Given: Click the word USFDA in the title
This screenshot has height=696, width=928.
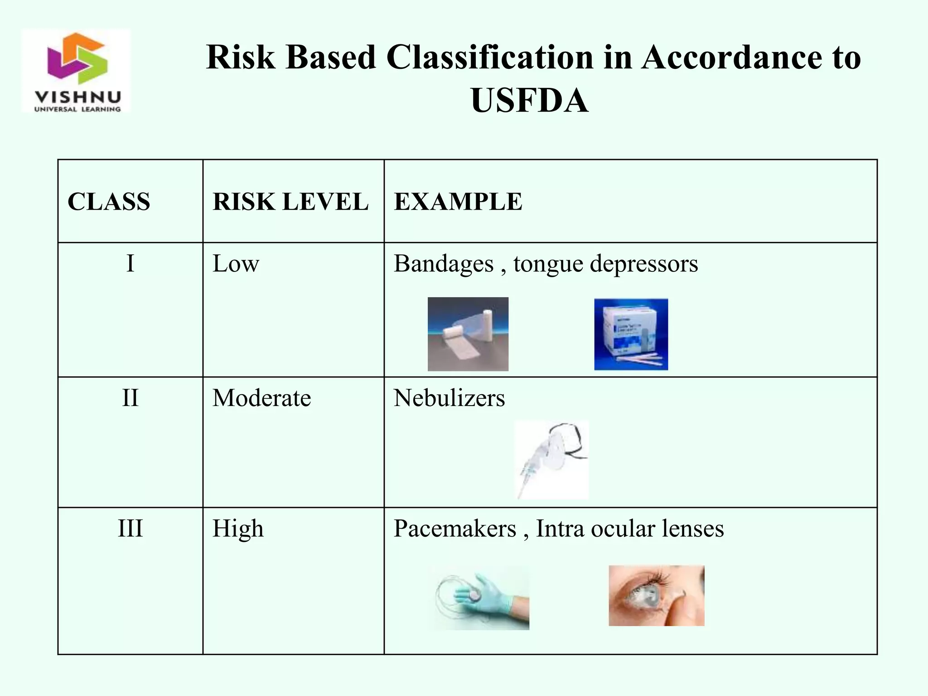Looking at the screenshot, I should (x=529, y=101).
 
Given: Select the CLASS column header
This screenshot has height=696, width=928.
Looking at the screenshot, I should (x=109, y=202).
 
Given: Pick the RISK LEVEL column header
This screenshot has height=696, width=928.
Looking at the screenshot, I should (x=290, y=202).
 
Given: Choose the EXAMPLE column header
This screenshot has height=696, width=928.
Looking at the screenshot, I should (x=458, y=202).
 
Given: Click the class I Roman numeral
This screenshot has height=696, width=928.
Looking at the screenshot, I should (x=130, y=263).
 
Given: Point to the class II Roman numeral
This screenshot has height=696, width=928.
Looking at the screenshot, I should (x=130, y=398).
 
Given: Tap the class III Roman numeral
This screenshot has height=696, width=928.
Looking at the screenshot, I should (x=130, y=528).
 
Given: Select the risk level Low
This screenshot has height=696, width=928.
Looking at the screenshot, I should (x=236, y=263).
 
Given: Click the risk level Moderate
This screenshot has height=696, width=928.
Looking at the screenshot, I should (x=261, y=398).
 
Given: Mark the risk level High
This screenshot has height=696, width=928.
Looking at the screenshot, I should (x=238, y=528).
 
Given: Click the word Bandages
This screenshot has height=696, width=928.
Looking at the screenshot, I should (x=443, y=264).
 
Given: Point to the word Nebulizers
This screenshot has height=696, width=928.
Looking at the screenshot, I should (x=449, y=398).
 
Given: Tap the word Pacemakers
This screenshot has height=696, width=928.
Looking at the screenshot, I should (x=454, y=528).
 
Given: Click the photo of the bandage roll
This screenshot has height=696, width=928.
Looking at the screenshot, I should (x=468, y=334).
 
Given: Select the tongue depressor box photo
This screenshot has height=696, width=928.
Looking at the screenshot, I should (x=631, y=334).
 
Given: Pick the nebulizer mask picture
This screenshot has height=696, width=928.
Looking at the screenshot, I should (x=551, y=459).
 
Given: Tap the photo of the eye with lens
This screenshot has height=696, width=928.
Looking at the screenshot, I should (x=656, y=595).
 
